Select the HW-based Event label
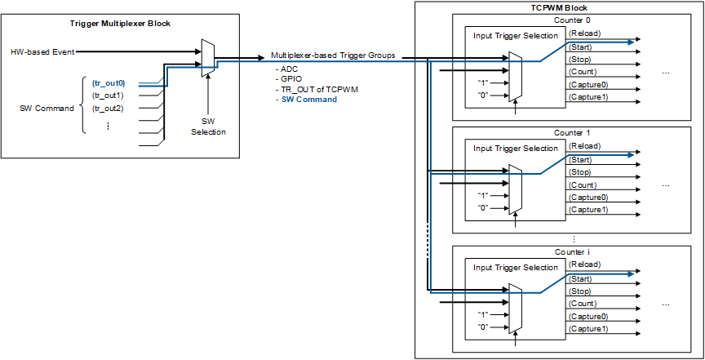click(42, 51)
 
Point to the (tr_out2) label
click(108, 108)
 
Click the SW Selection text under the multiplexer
click(209, 127)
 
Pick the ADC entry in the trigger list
click(290, 69)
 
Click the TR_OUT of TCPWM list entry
click(319, 89)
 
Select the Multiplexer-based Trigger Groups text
click(334, 56)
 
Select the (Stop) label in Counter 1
click(580, 172)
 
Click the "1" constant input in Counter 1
click(484, 195)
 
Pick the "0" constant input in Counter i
click(484, 327)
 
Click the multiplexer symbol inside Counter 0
click(514, 76)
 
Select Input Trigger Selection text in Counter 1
click(517, 149)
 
